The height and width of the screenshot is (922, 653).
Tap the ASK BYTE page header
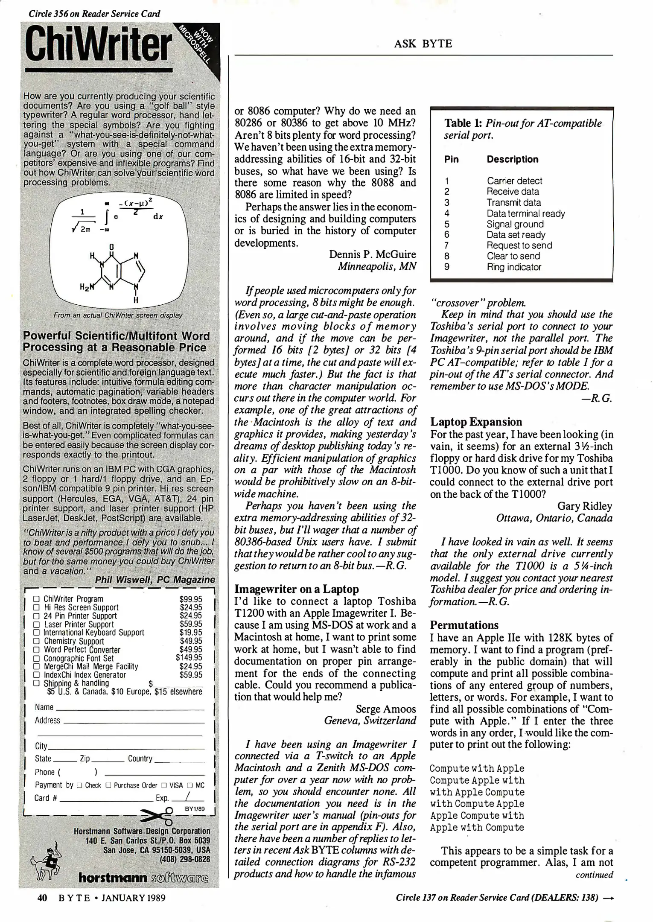[423, 44]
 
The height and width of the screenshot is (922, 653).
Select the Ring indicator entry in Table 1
[514, 267]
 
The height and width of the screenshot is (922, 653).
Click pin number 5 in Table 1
[447, 224]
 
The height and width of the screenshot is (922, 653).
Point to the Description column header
[512, 159]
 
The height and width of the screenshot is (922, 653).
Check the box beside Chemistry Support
[37, 641]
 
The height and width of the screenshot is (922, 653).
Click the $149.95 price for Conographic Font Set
[189, 658]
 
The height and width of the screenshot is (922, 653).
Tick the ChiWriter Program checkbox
[37, 599]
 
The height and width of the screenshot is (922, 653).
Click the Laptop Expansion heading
[476, 422]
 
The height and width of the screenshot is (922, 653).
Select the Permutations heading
[464, 625]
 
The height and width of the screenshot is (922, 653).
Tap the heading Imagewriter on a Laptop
[297, 589]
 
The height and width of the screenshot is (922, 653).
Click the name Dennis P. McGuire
[372, 254]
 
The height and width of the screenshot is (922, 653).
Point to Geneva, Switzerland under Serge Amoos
[370, 721]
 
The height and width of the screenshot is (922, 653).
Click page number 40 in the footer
[42, 898]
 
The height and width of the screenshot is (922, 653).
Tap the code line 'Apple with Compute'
[477, 827]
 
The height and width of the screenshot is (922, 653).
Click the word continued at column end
[594, 875]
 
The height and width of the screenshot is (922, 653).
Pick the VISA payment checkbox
[163, 785]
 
